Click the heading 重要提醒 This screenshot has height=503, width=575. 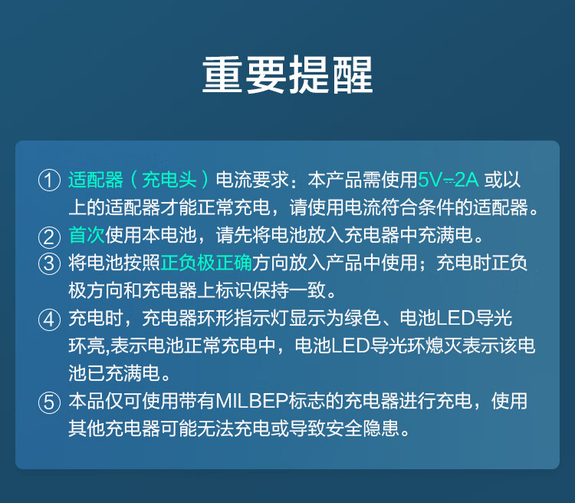[287, 75]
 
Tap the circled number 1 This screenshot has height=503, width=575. [50, 180]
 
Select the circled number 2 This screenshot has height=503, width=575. [50, 237]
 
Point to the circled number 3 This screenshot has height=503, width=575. [50, 264]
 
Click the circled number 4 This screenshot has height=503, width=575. [50, 319]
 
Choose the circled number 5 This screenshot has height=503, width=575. [50, 402]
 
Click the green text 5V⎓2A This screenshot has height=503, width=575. [449, 180]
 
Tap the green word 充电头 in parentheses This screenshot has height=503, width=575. [169, 180]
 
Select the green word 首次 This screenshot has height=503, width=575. [87, 235]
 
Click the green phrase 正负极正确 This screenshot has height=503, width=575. [206, 263]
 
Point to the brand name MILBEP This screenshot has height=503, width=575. [252, 401]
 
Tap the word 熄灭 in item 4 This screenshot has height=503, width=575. [444, 346]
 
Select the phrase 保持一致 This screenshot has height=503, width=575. [289, 290]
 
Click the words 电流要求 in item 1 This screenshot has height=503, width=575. [252, 180]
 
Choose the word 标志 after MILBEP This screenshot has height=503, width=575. [307, 401]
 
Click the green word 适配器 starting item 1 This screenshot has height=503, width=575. [96, 180]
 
